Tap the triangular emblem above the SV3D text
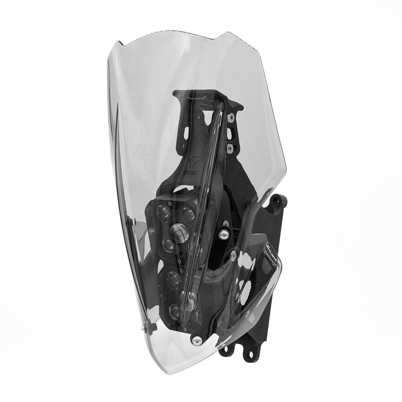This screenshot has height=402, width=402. coord(188,164)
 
